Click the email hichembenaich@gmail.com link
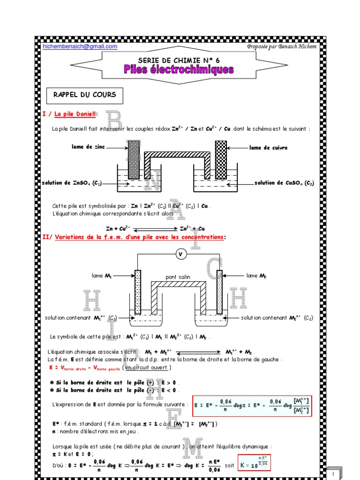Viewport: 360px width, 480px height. pos(80,46)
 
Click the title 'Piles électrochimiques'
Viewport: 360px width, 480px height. pos(179,70)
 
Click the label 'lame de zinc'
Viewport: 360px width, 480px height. pos(89,147)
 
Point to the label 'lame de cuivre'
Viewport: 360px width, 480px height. pos(268,148)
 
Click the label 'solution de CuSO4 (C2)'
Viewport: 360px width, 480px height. pos(284,183)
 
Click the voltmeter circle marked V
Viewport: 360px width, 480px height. pos(181,254)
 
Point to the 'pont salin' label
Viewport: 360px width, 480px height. pos(178,277)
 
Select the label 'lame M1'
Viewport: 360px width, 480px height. pos(104,276)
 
